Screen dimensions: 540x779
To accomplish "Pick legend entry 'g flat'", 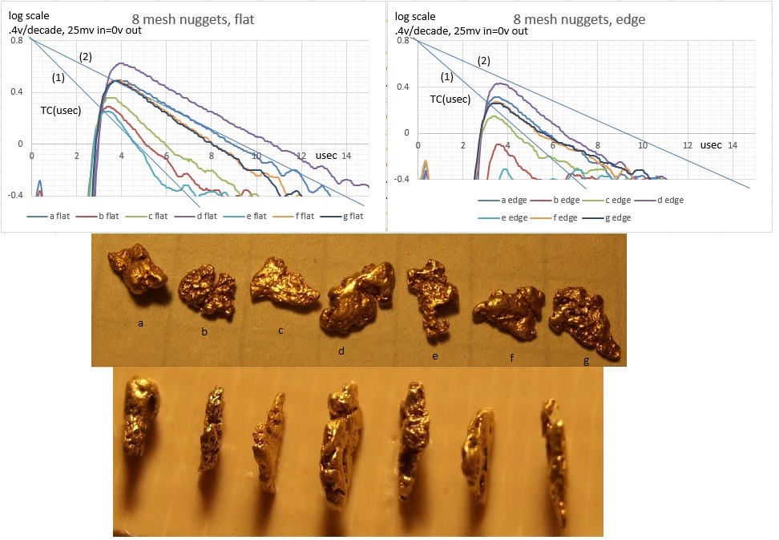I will coord(345,216).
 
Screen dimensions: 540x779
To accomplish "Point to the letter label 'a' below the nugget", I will coord(141,323).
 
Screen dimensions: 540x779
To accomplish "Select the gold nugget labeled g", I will coord(584,320).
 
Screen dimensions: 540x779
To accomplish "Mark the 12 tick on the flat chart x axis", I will coord(301,155).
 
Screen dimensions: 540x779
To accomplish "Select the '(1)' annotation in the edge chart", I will coord(447,76).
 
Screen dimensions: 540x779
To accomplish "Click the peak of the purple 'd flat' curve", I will coord(121,63).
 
